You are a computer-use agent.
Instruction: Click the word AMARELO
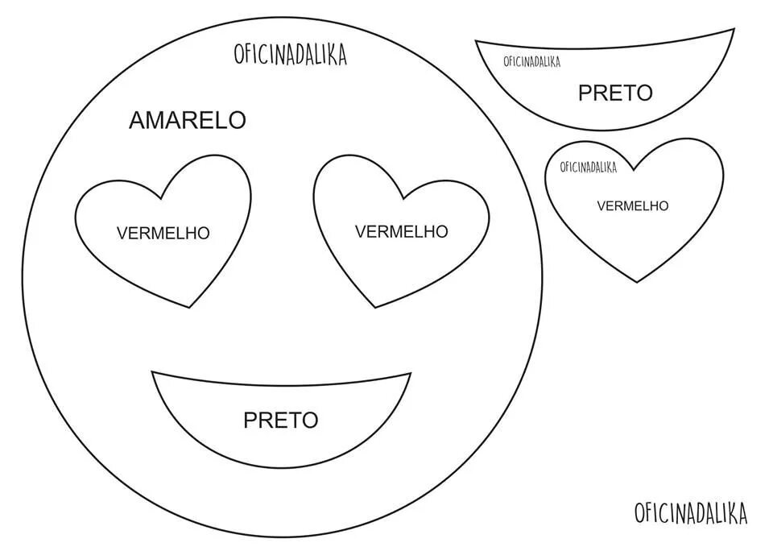click(187, 120)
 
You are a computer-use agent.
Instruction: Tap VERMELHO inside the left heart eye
click(163, 233)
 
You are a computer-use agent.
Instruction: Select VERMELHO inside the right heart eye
click(401, 231)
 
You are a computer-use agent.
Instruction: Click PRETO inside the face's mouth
click(281, 420)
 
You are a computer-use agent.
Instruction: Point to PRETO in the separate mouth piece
click(615, 93)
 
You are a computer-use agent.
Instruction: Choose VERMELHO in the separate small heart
click(632, 205)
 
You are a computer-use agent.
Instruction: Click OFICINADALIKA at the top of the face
click(290, 54)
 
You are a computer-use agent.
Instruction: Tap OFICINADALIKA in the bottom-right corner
click(690, 512)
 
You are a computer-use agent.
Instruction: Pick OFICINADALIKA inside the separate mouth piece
click(531, 61)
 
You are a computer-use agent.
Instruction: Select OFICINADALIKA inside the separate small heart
click(588, 168)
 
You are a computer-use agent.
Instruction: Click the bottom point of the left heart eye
click(190, 307)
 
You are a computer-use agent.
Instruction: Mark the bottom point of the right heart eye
click(375, 307)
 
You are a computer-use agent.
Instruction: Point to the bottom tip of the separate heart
click(637, 282)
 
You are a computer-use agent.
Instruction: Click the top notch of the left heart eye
click(163, 199)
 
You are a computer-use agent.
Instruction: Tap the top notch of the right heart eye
click(402, 198)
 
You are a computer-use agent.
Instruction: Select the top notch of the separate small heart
click(634, 170)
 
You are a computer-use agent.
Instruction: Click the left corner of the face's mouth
click(153, 372)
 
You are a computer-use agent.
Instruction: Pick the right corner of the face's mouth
click(411, 373)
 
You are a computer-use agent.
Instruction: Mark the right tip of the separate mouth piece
click(734, 30)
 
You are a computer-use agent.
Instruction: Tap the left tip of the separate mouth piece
click(476, 41)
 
